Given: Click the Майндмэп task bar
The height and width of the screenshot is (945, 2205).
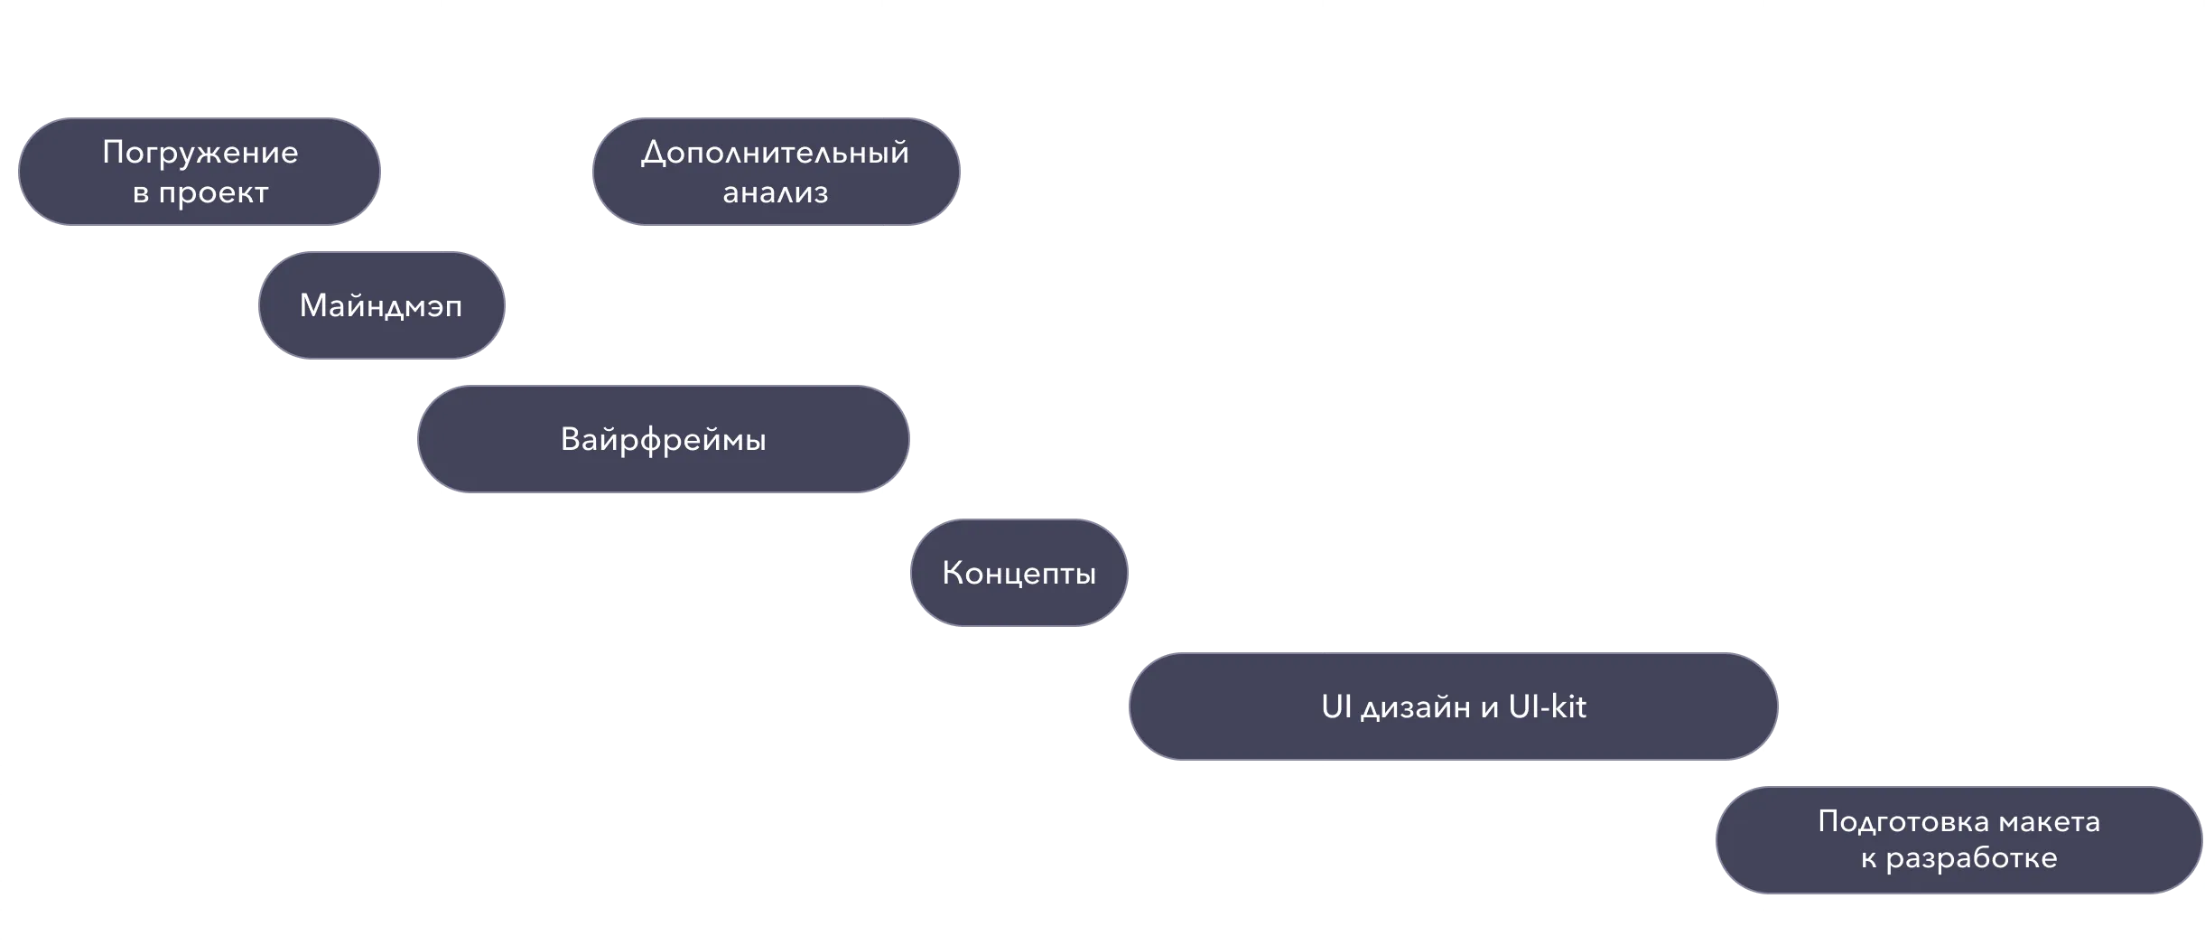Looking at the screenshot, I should tap(380, 305).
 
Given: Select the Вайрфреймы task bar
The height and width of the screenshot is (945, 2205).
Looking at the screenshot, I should tap(663, 439).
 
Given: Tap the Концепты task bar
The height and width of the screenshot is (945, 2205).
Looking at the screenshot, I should tap(1019, 573).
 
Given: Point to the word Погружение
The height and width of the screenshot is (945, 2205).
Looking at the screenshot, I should tap(200, 152).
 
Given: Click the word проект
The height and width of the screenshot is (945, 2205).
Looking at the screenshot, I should tap(213, 192).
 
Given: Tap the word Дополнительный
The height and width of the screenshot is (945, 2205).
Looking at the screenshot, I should tap(775, 152).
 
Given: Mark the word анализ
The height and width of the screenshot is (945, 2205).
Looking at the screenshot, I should tap(775, 192).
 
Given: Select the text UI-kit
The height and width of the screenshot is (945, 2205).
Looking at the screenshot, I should tap(1547, 706).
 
